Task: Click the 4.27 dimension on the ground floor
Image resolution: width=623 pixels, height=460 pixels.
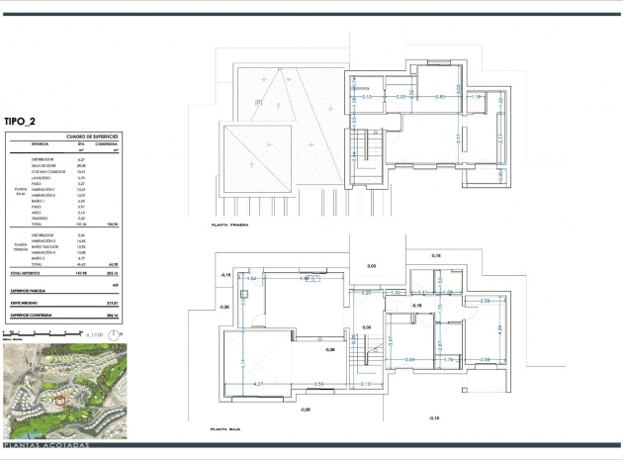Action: click(258, 383)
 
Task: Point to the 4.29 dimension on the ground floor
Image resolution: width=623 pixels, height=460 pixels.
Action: click(499, 328)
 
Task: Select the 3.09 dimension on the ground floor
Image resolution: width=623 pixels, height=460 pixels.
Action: click(409, 359)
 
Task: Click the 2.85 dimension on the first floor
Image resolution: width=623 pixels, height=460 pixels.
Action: click(441, 97)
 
